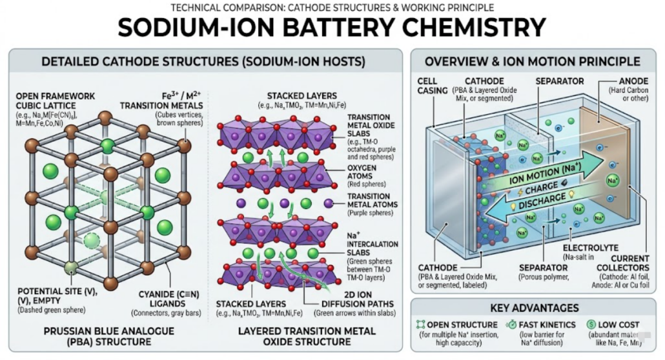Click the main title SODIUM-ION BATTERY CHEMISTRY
click(x=332, y=28)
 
